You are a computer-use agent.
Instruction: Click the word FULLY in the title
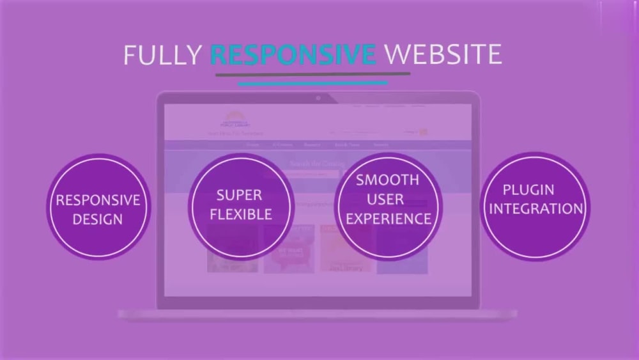pos(162,55)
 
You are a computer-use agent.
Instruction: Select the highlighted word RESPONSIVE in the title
pos(293,55)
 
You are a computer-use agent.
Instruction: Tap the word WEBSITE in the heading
pos(442,55)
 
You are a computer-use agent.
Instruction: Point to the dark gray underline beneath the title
pos(312,74)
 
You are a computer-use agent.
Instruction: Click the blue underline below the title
pos(312,82)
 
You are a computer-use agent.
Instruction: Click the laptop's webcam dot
pos(318,98)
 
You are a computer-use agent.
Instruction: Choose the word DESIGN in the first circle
pos(98,219)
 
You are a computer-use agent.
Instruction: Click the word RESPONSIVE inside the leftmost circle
pos(98,200)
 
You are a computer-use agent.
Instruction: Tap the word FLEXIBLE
pos(240,214)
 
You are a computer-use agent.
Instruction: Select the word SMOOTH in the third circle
pos(388,180)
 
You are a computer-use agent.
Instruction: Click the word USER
pos(388,199)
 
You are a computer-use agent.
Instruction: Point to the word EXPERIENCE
pos(388,219)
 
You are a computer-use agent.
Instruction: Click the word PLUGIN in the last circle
pos(528,190)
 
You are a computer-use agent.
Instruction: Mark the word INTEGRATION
pos(535,209)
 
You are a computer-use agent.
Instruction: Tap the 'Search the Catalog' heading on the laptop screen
pos(318,164)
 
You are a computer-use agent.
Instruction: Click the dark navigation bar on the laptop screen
pos(318,145)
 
